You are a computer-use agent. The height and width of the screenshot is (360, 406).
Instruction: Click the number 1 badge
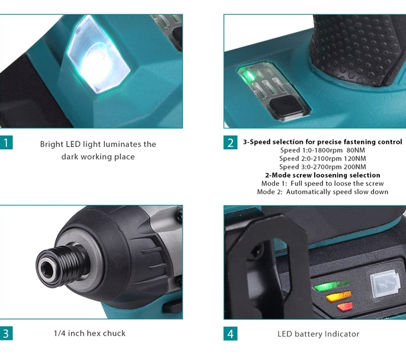6,143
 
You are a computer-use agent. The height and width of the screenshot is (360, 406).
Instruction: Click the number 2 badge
230,143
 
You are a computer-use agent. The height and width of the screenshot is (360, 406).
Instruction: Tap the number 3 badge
6,333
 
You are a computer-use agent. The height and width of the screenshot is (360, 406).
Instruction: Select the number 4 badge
230,333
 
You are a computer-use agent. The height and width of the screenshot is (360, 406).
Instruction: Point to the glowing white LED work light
98,55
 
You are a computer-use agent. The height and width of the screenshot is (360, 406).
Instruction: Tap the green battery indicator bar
332,285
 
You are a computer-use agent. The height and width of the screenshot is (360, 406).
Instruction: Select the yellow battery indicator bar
338,296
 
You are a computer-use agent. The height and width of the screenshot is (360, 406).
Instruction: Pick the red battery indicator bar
345,307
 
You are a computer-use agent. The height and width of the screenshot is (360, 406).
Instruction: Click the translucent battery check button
385,284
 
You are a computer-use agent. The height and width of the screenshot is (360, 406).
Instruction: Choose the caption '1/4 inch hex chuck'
89,333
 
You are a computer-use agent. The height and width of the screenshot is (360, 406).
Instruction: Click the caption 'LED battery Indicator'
318,334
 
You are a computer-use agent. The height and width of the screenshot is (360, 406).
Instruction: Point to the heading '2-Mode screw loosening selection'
322,175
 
